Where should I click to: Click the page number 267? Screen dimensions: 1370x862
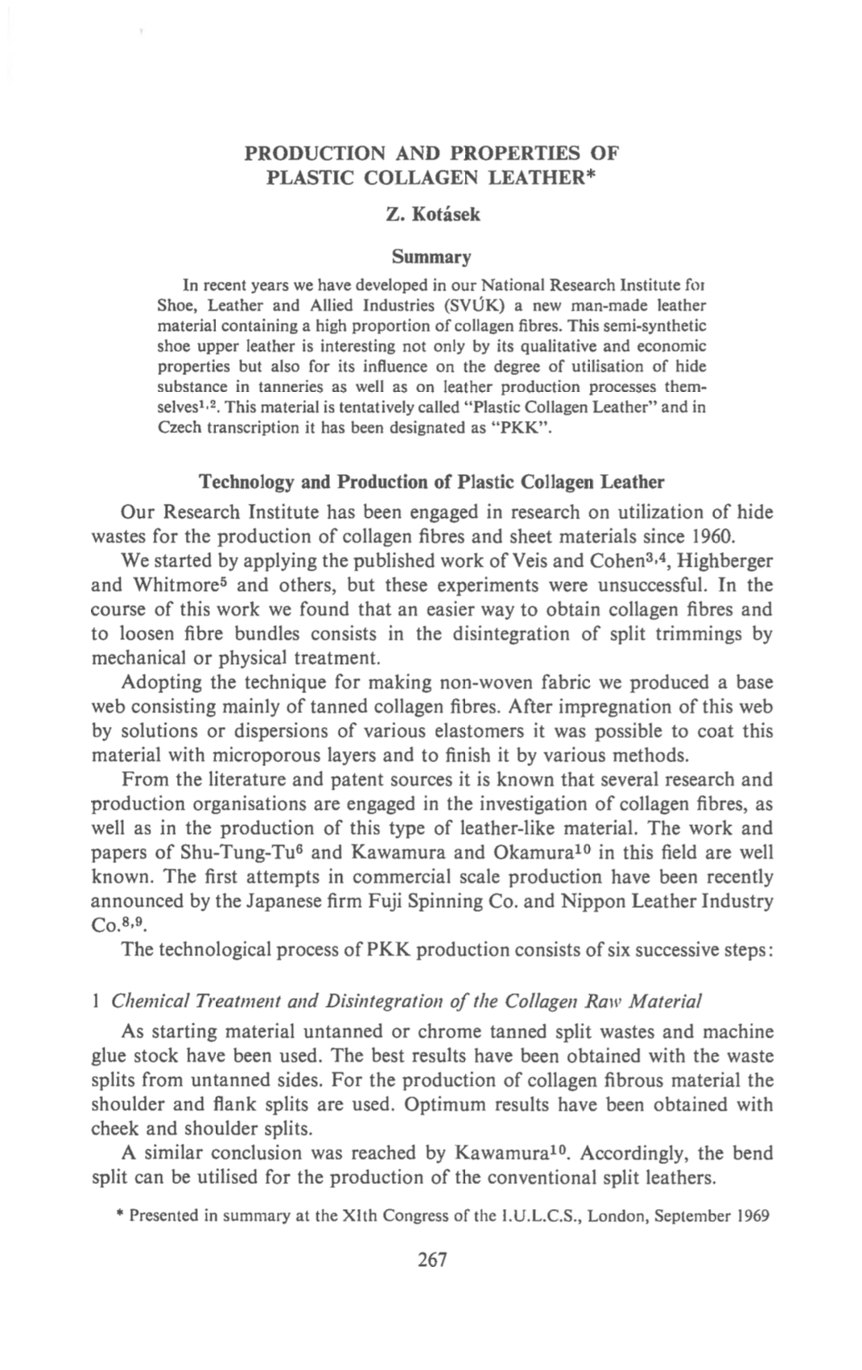432,1260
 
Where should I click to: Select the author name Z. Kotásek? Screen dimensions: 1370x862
432,214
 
